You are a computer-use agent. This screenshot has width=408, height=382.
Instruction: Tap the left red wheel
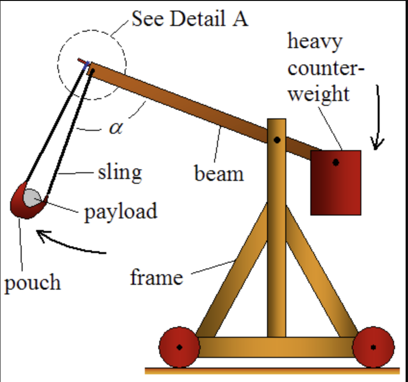pos(179,347)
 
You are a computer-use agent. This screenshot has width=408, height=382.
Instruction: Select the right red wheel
pos(373,347)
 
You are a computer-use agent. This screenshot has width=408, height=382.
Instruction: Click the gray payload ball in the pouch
pos(32,197)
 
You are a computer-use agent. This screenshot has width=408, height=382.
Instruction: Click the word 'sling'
pos(120,171)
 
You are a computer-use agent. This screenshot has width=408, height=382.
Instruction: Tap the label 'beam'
pos(219,173)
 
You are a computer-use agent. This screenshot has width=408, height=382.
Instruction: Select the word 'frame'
pos(156,277)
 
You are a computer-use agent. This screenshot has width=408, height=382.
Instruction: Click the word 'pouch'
pos(33,283)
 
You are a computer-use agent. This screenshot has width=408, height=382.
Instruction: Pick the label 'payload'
pos(121,211)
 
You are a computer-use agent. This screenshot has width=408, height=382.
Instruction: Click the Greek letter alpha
pos(115,128)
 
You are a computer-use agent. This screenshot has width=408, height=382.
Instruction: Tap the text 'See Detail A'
pos(190,19)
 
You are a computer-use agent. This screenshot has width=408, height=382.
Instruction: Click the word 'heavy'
pos(315,41)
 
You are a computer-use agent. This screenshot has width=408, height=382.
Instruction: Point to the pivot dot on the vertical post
pos(277,140)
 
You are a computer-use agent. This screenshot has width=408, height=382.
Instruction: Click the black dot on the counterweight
pos(335,163)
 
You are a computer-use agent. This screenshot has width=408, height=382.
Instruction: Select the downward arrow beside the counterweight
pos(378,118)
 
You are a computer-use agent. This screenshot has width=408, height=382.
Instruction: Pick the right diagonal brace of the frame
pos(319,274)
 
